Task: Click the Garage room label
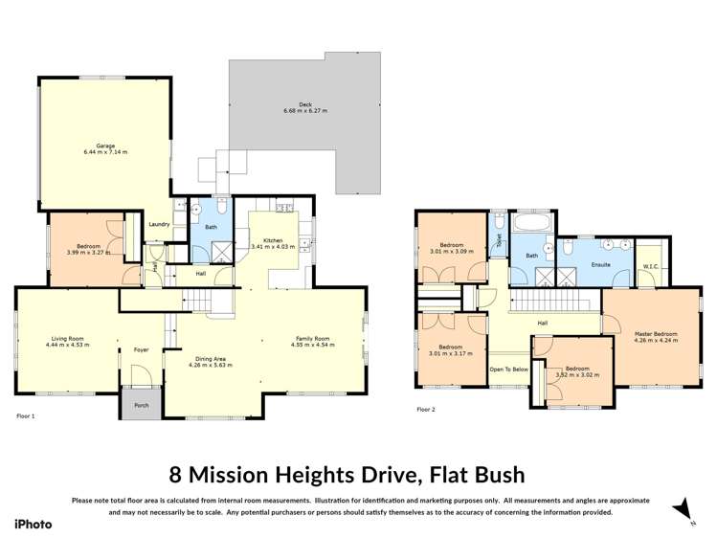pos(104,146)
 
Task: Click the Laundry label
pos(159,225)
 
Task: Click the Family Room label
pos(310,338)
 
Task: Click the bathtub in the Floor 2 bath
pos(527,225)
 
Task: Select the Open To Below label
pos(508,369)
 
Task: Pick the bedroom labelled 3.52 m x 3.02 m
pos(576,372)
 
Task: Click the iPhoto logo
pos(33,524)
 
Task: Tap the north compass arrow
pos(681,507)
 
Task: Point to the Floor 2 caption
pos(426,410)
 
